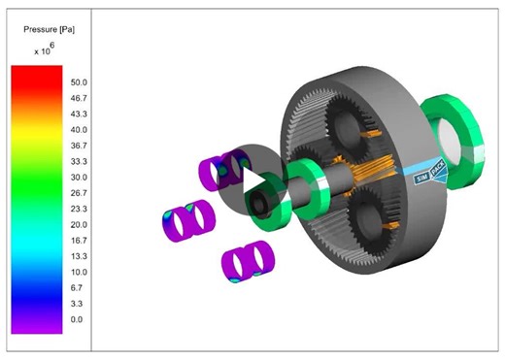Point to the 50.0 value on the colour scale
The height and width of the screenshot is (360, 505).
tap(80, 82)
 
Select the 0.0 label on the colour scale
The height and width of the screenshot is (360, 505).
tap(78, 319)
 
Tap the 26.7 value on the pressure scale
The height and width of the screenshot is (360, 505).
tap(80, 193)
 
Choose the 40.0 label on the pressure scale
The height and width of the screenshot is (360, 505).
tap(80, 130)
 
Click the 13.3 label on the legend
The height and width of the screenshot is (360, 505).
tap(80, 256)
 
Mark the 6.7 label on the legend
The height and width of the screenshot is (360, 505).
tap(78, 288)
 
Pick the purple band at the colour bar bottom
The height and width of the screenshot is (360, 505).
tap(37, 320)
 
